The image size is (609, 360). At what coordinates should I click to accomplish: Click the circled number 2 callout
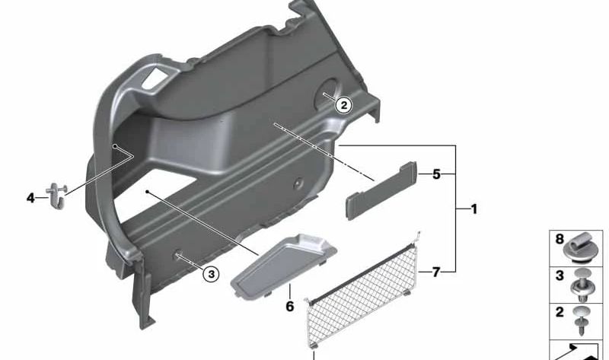344,105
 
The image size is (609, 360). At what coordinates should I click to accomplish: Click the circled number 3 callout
212,275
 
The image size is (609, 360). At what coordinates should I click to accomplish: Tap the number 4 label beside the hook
30,198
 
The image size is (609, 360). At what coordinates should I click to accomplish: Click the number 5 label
436,174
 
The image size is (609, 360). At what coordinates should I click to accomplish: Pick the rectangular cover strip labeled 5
381,191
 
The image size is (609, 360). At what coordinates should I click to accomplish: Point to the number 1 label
473,209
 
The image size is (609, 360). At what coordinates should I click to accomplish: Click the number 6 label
290,307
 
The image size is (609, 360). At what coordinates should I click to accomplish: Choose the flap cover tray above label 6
283,266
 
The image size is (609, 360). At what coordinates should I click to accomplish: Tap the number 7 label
436,272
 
